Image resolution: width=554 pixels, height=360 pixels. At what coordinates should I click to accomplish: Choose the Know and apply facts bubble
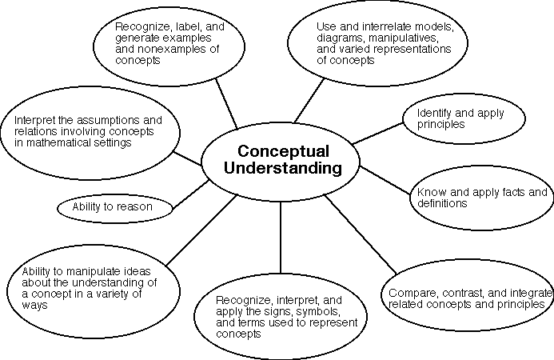(480, 197)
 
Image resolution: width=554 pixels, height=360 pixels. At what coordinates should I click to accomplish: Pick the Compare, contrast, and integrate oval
(468, 298)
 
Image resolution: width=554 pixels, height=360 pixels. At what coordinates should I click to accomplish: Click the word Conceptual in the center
(281, 151)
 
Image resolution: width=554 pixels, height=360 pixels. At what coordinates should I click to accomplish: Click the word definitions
(439, 203)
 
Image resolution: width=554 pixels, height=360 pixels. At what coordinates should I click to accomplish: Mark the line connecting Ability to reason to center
(191, 193)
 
